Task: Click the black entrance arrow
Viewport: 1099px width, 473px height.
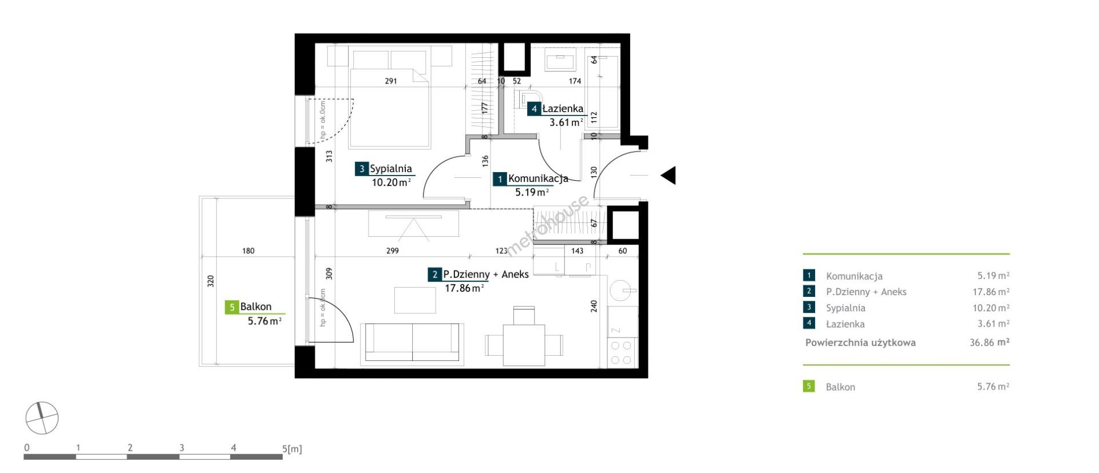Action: (x=669, y=175)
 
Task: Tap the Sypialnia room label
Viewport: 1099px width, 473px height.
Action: (x=391, y=169)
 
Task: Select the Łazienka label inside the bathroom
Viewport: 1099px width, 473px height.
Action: (x=563, y=109)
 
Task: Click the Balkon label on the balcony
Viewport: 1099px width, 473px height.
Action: (x=256, y=307)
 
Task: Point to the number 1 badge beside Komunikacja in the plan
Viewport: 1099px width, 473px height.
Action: (x=500, y=180)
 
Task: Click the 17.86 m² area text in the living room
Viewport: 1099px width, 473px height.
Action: (x=464, y=288)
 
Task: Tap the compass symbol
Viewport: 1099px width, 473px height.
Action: (x=42, y=418)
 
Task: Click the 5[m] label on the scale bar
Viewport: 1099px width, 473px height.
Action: (x=292, y=449)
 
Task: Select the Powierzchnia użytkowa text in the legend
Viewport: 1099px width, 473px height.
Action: (x=860, y=343)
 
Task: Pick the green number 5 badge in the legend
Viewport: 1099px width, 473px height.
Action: (x=809, y=386)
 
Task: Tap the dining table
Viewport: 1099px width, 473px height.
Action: (x=524, y=345)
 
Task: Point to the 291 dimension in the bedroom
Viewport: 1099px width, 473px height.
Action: (x=390, y=81)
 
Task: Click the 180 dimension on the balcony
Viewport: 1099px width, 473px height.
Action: (x=248, y=251)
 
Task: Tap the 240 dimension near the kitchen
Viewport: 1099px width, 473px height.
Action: (x=594, y=306)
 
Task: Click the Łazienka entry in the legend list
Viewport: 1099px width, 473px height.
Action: (x=845, y=324)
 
